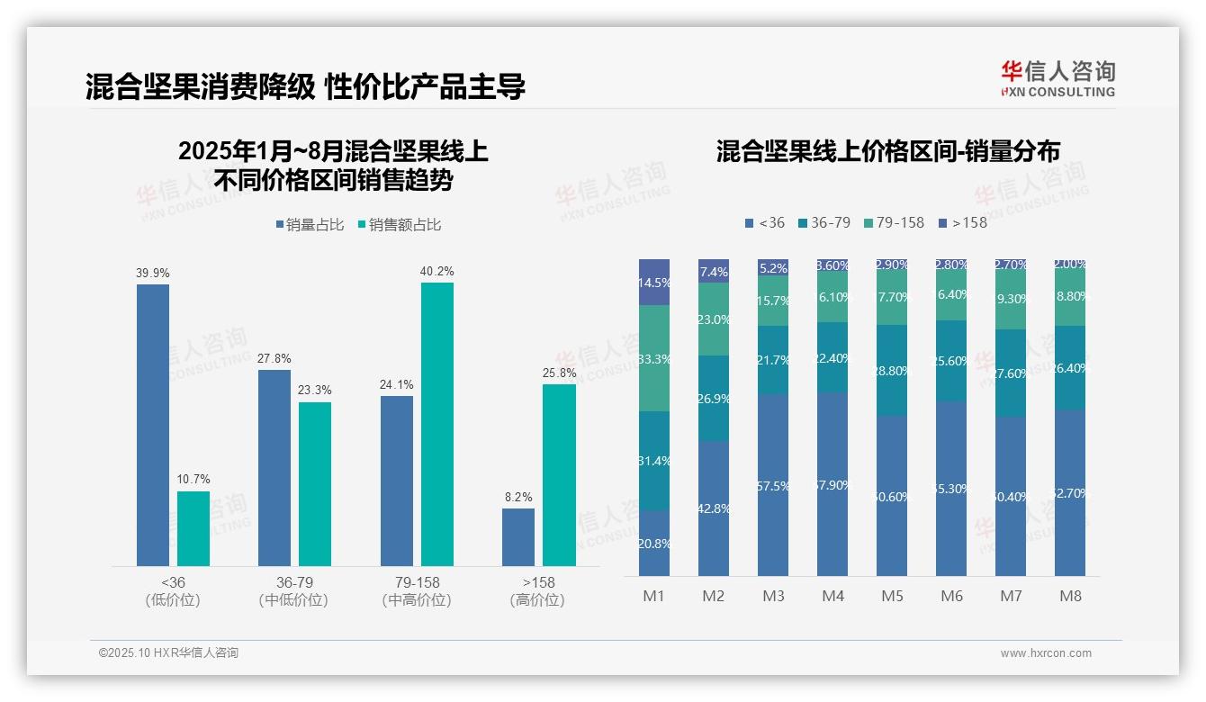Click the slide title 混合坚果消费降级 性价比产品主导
pyautogui.click(x=305, y=86)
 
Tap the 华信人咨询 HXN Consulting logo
pyautogui.click(x=1057, y=79)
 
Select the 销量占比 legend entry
pyautogui.click(x=310, y=225)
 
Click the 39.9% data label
pyautogui.click(x=152, y=273)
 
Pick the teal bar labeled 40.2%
pyautogui.click(x=437, y=424)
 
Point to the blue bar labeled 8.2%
pyautogui.click(x=518, y=537)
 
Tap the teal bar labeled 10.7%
pyautogui.click(x=193, y=528)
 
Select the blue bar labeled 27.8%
pyautogui.click(x=274, y=467)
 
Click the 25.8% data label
pyautogui.click(x=559, y=373)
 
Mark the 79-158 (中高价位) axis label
pyautogui.click(x=417, y=591)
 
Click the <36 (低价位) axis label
pyautogui.click(x=172, y=591)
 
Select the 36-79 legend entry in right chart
pyautogui.click(x=823, y=222)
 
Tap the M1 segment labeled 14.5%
pyautogui.click(x=654, y=282)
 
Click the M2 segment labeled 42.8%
pyautogui.click(x=714, y=508)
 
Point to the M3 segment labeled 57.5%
pyautogui.click(x=773, y=485)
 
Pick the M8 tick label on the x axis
pyautogui.click(x=1070, y=596)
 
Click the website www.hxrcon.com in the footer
pyautogui.click(x=1046, y=653)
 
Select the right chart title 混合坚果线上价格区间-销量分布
pyautogui.click(x=887, y=151)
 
